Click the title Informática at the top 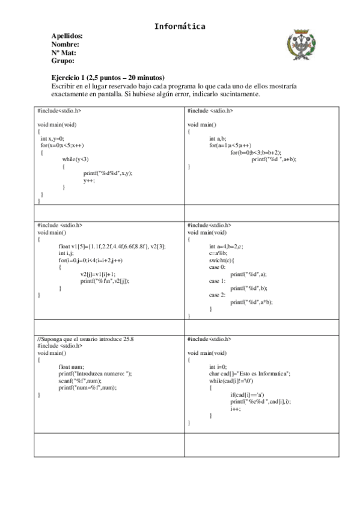[x=180, y=26]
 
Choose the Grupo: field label [x=63, y=61]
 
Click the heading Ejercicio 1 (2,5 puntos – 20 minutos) [x=108, y=78]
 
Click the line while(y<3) [x=76, y=159]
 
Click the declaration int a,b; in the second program [x=217, y=138]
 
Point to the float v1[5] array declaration [x=112, y=246]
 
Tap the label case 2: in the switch [x=218, y=295]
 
